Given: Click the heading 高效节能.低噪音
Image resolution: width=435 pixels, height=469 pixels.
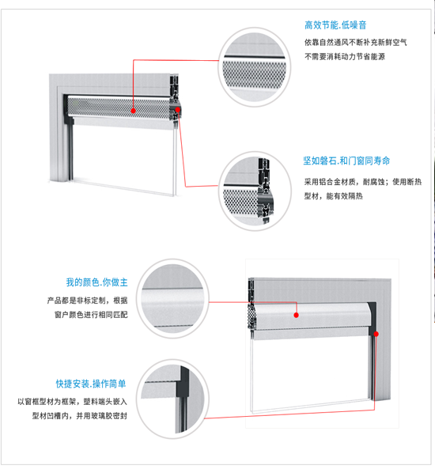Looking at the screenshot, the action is [335, 25].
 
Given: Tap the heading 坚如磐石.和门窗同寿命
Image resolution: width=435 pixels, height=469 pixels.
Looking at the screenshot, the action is [346, 161].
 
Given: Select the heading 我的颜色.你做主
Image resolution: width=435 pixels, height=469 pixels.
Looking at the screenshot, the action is [97, 282].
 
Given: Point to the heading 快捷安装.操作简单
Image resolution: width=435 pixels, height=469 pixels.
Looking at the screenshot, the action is [91, 384].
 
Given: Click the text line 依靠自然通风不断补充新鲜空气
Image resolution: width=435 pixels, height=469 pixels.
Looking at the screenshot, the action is [356, 43].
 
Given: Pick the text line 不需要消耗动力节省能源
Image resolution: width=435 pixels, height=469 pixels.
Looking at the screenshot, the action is [345, 56].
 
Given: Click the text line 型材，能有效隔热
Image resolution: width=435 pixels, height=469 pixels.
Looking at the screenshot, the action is [334, 196].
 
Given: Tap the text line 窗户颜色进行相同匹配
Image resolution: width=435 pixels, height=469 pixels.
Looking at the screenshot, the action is [91, 315].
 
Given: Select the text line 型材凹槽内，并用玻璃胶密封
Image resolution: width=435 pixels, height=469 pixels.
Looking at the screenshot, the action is [80, 416].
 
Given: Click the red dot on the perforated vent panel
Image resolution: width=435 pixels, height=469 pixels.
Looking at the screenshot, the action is [134, 111].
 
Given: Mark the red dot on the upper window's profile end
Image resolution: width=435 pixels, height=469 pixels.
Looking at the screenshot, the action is [177, 110].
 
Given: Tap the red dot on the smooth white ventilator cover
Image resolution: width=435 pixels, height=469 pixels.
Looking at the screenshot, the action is [296, 315].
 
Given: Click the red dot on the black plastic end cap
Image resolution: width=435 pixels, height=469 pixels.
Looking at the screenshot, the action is [376, 334].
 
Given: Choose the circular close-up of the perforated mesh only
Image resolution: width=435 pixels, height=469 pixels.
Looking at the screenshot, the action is [255, 67].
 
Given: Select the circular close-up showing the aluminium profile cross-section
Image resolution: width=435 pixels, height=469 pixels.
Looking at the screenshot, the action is [255, 191].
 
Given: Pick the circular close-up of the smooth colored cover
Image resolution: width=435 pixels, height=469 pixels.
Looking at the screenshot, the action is [172, 298].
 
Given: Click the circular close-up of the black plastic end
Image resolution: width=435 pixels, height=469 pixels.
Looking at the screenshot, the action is [172, 399].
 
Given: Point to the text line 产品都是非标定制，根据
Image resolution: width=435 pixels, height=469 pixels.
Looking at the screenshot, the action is [87, 301].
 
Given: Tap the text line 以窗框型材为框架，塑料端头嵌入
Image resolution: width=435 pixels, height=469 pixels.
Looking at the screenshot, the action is [73, 402].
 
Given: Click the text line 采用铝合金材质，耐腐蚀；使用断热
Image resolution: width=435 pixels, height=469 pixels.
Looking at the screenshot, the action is [363, 182].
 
